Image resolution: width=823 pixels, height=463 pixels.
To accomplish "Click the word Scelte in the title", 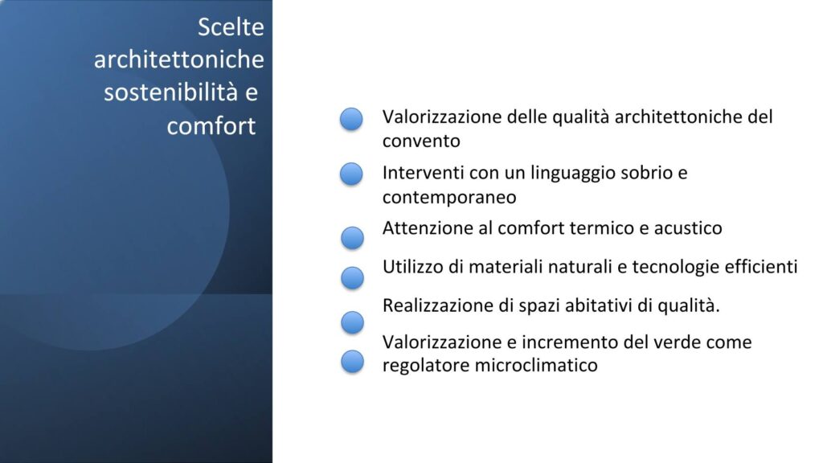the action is [x=231, y=27].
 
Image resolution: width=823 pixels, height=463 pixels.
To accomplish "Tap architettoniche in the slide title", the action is [x=179, y=59].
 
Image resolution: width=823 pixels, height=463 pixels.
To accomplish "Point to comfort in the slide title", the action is [x=211, y=126].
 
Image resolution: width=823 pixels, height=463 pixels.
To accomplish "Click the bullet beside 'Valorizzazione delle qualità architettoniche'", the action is [x=351, y=119].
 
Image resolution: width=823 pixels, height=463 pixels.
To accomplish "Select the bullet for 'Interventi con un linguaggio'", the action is [x=351, y=174].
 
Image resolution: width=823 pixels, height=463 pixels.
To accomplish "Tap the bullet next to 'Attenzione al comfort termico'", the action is [x=352, y=238].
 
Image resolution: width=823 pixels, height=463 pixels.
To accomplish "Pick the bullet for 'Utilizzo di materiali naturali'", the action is [x=352, y=277].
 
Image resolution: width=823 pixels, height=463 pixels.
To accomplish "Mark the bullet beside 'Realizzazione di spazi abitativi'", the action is [x=352, y=322].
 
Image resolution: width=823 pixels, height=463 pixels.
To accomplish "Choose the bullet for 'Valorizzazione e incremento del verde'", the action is [x=352, y=362].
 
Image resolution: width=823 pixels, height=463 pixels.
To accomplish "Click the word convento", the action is [x=421, y=141].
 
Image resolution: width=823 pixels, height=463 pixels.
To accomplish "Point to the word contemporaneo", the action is [x=449, y=198].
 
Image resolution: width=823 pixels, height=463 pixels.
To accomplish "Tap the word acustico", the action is [x=688, y=228].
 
